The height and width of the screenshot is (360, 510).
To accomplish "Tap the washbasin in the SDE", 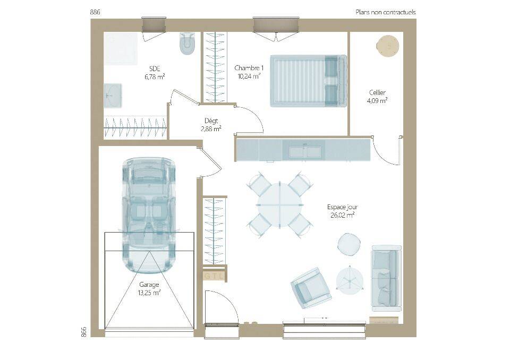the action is click(113, 96).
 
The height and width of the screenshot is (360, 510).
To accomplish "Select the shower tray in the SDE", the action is click(121, 48).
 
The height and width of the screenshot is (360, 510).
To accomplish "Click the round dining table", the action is click(280, 205).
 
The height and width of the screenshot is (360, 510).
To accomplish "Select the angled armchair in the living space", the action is click(311, 288).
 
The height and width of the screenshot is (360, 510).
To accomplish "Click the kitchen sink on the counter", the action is click(305, 151).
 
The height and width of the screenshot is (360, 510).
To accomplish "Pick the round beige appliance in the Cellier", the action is click(387, 46).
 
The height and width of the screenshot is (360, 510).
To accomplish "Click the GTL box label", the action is click(214, 277).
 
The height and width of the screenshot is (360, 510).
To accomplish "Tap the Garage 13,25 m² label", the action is click(149, 289).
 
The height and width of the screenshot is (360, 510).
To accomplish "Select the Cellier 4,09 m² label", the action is click(377, 97).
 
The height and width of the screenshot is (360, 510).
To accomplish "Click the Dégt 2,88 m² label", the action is click(211, 125).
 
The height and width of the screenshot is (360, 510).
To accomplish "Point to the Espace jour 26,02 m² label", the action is click(342, 211).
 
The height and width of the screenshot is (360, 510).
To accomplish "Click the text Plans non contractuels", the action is click(386, 12).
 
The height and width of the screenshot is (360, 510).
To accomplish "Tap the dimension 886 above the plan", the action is click(95, 12).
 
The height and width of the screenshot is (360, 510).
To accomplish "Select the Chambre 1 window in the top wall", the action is click(276, 25).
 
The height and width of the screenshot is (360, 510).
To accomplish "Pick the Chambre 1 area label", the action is click(249, 72).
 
